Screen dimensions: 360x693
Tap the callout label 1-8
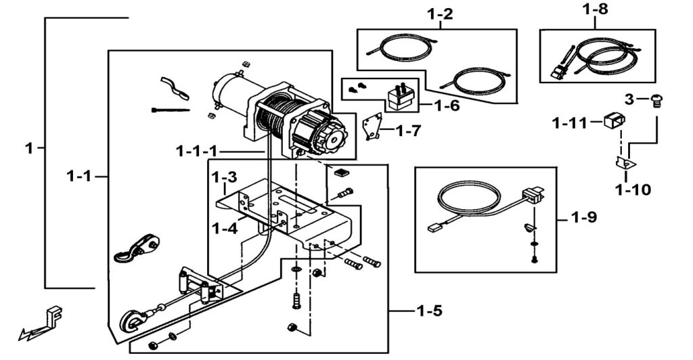[596, 11]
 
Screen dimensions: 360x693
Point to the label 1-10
[633, 189]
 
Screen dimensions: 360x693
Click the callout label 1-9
[584, 218]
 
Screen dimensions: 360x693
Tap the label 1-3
[224, 178]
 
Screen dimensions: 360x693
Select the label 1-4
[225, 228]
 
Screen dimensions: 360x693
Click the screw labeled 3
[655, 100]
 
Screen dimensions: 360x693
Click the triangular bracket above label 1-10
[625, 163]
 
